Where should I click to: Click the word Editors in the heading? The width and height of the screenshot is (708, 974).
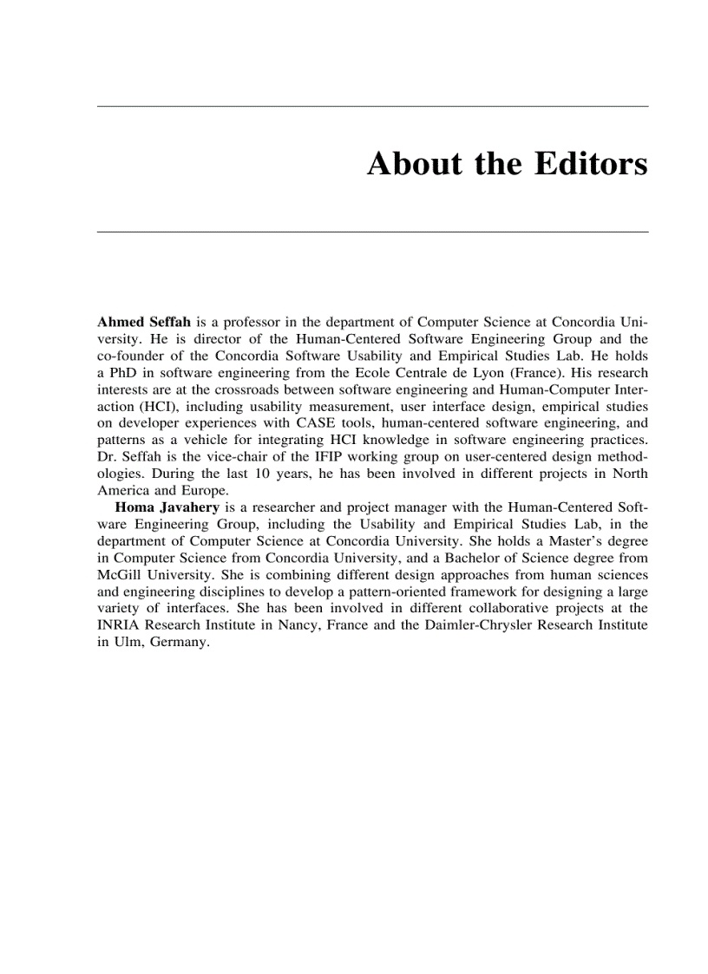point(591,163)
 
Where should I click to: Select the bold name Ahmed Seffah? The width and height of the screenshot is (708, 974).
point(144,323)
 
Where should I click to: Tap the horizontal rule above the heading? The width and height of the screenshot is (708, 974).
point(372,106)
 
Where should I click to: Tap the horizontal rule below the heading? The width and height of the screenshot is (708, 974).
point(372,232)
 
